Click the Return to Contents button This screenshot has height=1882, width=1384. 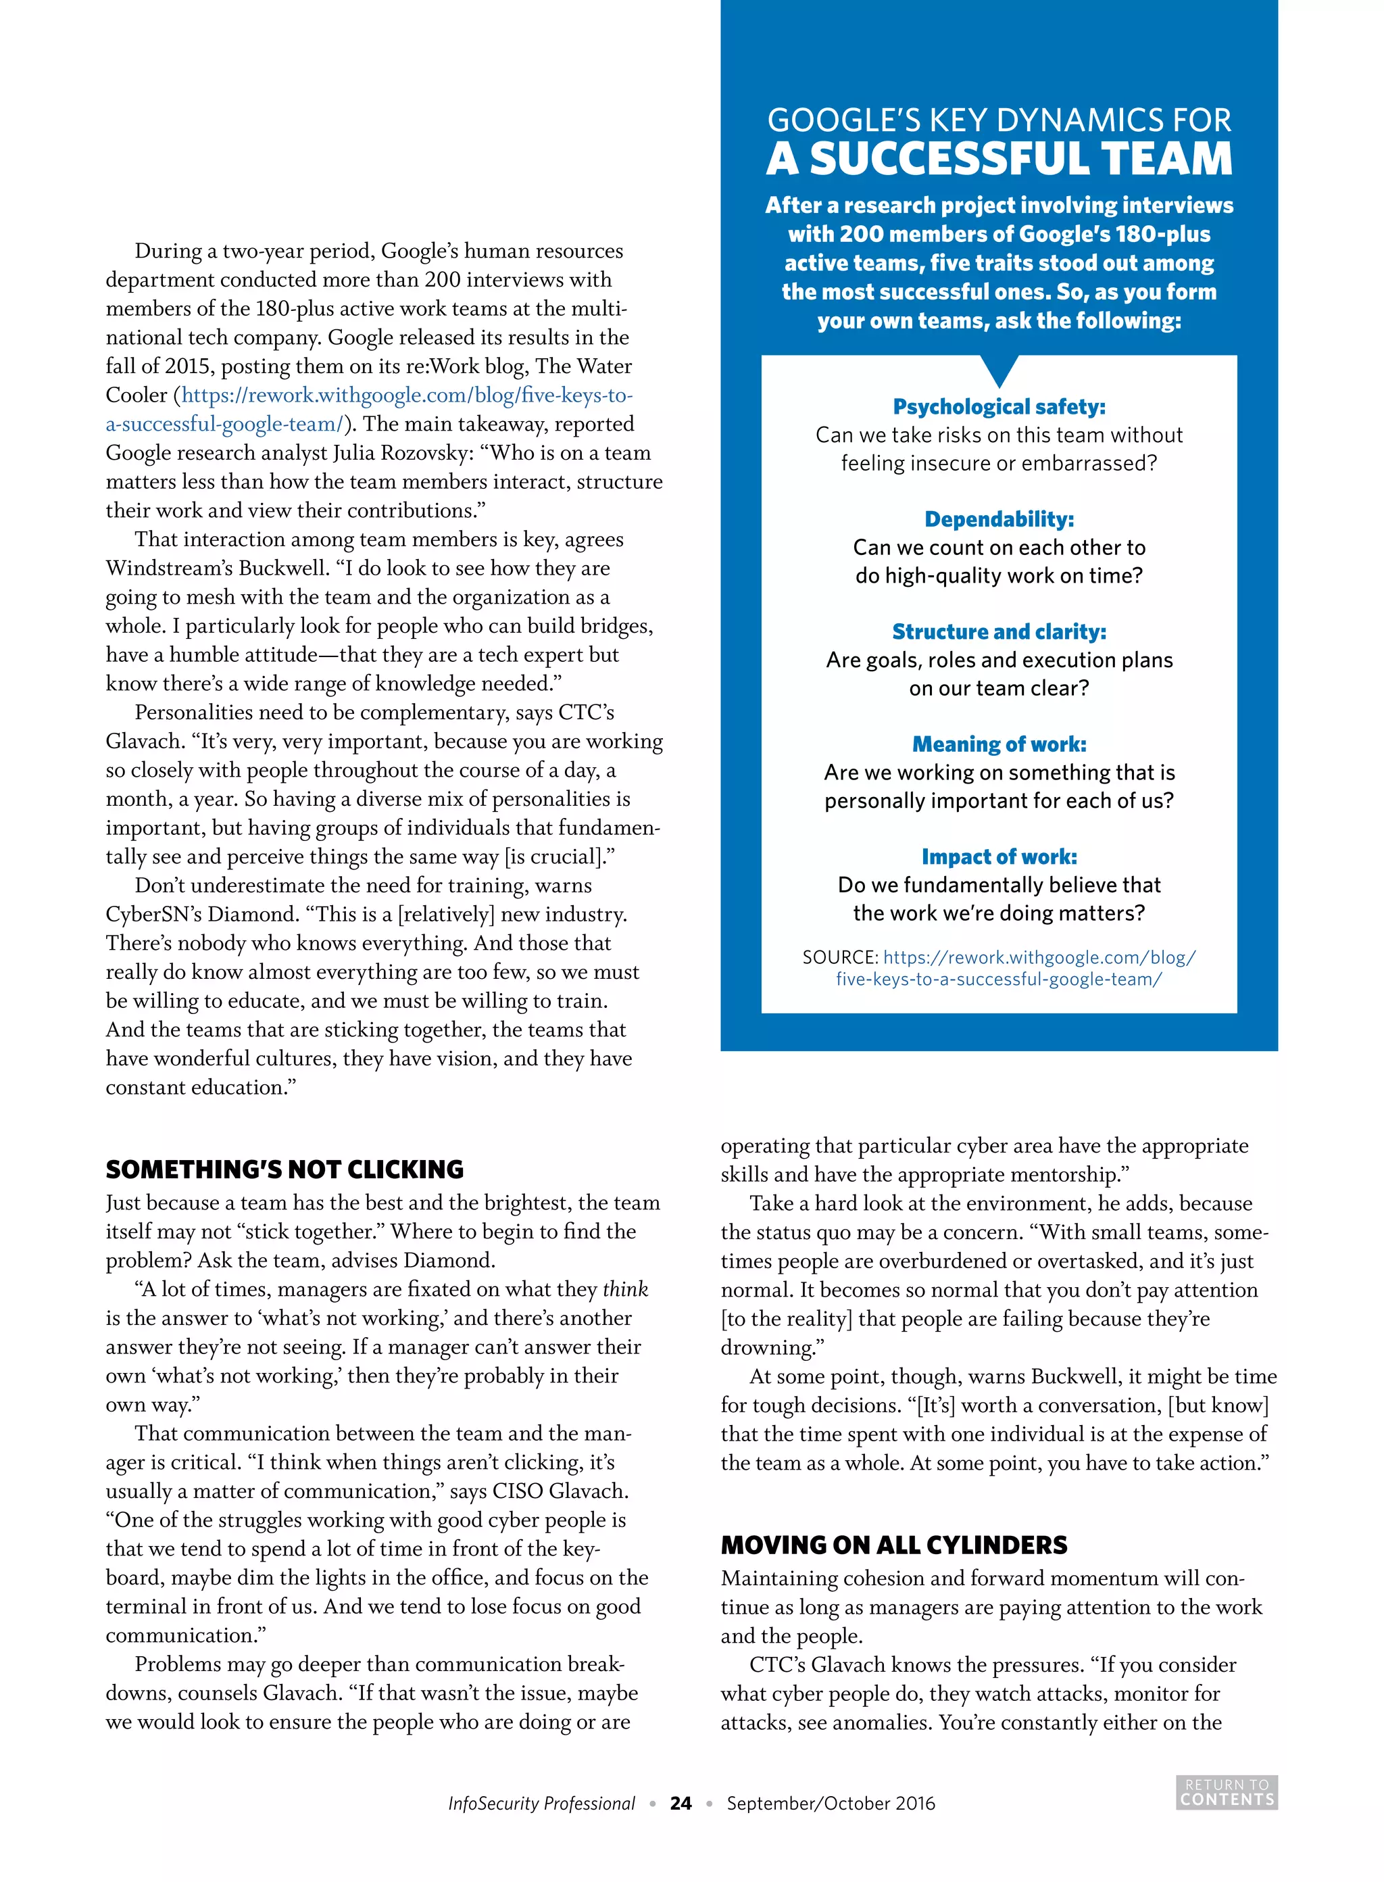(1227, 1791)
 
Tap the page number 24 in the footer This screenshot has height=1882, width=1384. (681, 1803)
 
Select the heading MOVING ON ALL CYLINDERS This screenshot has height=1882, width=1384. (894, 1544)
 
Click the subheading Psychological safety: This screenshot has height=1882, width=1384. (999, 406)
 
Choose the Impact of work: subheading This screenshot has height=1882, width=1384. (999, 856)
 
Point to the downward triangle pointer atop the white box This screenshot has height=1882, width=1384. (999, 368)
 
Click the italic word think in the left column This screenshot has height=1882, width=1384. (625, 1288)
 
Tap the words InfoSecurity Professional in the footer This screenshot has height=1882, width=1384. (541, 1803)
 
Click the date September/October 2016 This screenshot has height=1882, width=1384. (831, 1803)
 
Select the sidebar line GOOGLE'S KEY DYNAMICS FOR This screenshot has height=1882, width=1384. (999, 120)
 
